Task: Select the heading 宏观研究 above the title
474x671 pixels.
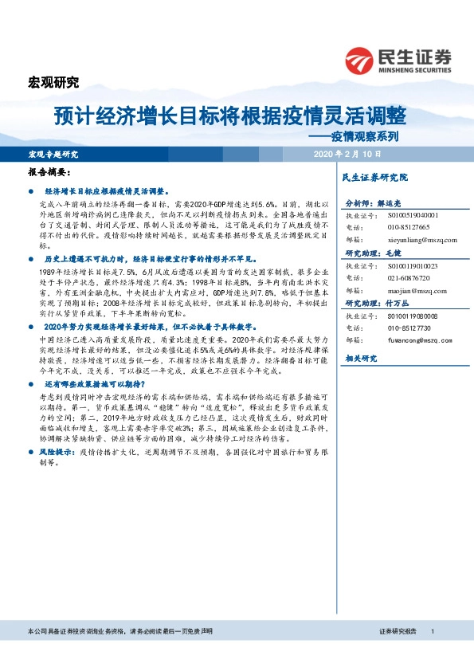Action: pyautogui.click(x=53, y=81)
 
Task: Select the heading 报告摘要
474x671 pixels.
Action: pyautogui.click(x=50, y=173)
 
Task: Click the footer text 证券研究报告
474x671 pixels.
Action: pyautogui.click(x=398, y=653)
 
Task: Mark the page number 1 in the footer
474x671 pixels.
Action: pyautogui.click(x=431, y=653)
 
